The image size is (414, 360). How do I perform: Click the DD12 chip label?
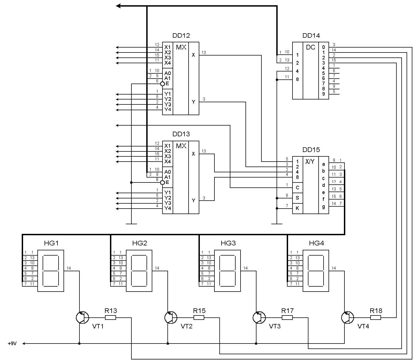(181, 35)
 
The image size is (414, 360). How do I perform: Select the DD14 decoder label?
(311, 35)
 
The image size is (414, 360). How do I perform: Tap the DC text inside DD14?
(311, 47)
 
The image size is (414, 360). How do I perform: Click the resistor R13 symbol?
(111, 318)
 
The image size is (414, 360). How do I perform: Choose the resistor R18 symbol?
(376, 318)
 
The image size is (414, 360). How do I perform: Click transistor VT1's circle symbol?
(82, 318)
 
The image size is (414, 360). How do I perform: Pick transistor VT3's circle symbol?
(259, 318)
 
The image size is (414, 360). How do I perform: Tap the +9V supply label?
(12, 344)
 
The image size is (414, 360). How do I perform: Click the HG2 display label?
(140, 243)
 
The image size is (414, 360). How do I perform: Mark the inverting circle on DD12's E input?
(162, 84)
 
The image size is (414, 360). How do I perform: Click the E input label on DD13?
(167, 182)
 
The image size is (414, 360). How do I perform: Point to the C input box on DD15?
(297, 188)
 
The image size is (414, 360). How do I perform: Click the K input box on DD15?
(297, 208)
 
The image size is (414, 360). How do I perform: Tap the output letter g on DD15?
(324, 207)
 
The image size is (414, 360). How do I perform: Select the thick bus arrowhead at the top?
(118, 6)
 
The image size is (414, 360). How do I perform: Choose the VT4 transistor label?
(363, 326)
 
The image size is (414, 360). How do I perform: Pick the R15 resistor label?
(199, 311)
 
